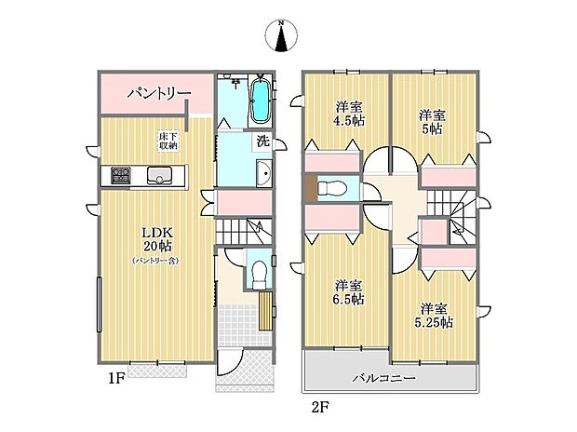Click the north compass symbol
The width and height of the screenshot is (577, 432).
point(281,35)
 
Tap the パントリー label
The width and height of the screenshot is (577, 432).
point(159,93)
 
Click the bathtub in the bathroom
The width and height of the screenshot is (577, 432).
point(261,99)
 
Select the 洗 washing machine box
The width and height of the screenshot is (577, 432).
point(262,142)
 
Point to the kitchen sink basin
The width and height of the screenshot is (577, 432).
point(160,175)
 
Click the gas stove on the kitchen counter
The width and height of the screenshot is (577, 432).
point(121,175)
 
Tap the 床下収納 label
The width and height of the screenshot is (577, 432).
point(168,141)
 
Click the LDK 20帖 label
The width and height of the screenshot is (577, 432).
point(157,238)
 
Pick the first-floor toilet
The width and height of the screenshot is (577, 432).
point(260,275)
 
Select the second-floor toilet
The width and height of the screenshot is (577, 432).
point(331,189)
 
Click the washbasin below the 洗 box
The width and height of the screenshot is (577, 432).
point(264,173)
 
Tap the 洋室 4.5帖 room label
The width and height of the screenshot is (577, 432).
point(350,114)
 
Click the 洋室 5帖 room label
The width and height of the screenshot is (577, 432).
point(433,122)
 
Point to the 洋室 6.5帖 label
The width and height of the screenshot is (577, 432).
point(349,292)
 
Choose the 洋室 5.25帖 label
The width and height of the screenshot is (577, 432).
point(434,316)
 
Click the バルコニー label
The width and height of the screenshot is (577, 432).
point(384,378)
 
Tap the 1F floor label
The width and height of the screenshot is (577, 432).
point(117,379)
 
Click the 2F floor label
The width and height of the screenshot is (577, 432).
point(320,407)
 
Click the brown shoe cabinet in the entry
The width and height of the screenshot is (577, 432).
point(265,311)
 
